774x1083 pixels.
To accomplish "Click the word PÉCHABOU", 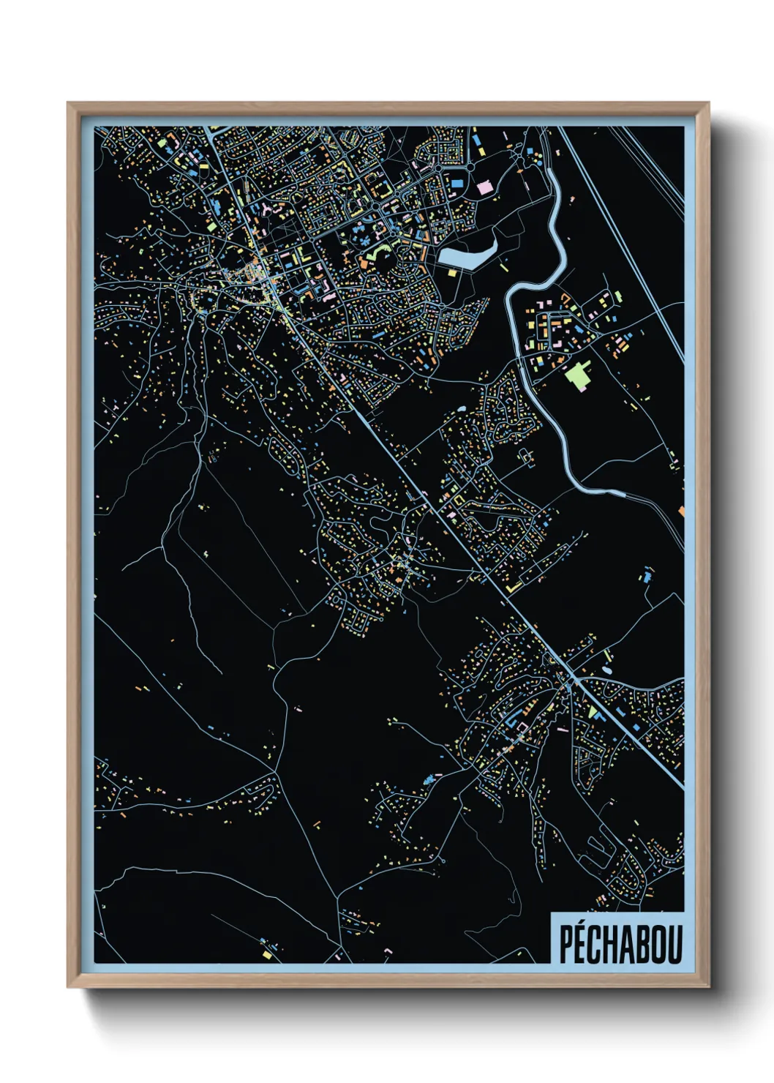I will (620, 943).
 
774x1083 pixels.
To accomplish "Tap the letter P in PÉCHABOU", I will (566, 945).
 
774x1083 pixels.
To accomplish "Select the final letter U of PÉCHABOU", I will (675, 945).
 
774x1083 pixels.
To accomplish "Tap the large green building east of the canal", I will (579, 375).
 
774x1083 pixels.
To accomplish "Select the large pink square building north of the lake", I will (485, 187).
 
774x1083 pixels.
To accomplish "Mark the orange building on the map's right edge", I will (681, 510).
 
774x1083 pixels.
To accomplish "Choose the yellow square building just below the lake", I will (452, 272).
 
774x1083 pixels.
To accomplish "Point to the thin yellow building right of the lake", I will (503, 268).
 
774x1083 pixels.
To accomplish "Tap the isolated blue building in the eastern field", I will (646, 576).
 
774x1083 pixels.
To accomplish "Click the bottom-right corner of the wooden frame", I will (707, 986).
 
